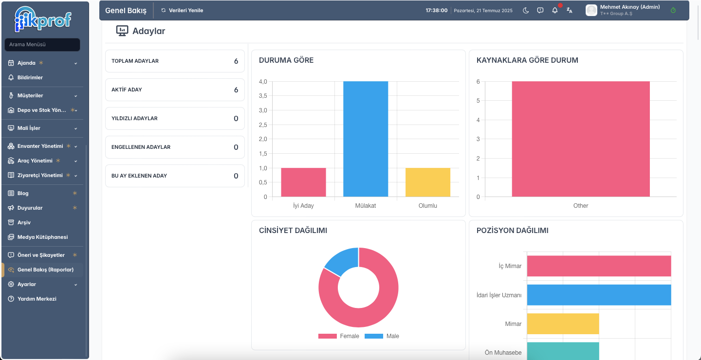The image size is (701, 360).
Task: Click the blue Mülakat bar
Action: pyautogui.click(x=366, y=139)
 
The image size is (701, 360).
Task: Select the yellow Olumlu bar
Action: pyautogui.click(x=428, y=182)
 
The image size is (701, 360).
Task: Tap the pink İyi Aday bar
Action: pyautogui.click(x=303, y=182)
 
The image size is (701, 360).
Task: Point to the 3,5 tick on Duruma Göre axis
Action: pyautogui.click(x=263, y=96)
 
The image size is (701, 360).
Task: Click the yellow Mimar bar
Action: pyautogui.click(x=563, y=324)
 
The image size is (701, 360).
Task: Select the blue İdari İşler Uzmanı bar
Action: pyautogui.click(x=599, y=295)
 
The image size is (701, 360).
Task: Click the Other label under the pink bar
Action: pyautogui.click(x=580, y=205)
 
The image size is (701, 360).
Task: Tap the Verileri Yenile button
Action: pyautogui.click(x=182, y=10)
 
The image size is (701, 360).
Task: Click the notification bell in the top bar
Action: pyautogui.click(x=555, y=10)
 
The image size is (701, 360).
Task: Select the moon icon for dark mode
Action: pyautogui.click(x=526, y=10)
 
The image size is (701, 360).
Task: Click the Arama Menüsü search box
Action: pyautogui.click(x=42, y=44)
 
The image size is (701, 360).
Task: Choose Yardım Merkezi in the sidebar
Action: pyautogui.click(x=37, y=299)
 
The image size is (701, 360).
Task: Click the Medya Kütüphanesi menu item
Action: pyautogui.click(x=42, y=237)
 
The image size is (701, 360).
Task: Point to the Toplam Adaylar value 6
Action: pyautogui.click(x=236, y=61)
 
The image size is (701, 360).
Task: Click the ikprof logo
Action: pyautogui.click(x=43, y=19)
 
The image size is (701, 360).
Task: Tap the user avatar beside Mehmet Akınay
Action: pyautogui.click(x=591, y=10)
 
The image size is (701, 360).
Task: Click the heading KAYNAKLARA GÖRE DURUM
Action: pyautogui.click(x=527, y=60)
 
